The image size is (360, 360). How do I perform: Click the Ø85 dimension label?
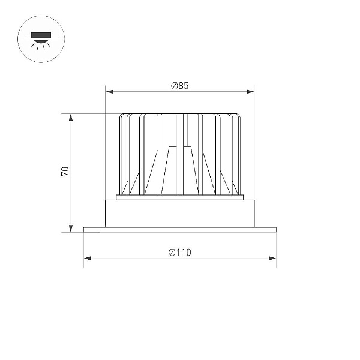point(180,86)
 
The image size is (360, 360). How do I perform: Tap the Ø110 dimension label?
point(179,253)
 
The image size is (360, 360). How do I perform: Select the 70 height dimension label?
point(65,172)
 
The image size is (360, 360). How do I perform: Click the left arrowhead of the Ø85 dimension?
point(110,92)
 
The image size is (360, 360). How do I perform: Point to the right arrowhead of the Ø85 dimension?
point(250,92)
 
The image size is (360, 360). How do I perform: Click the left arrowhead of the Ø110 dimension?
point(88,258)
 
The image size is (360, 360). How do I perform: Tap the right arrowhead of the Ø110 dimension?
point(272,258)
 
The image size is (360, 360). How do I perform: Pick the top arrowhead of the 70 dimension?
point(71,118)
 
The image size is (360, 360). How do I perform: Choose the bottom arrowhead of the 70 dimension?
point(71,229)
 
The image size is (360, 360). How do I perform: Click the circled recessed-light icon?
point(41,39)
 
